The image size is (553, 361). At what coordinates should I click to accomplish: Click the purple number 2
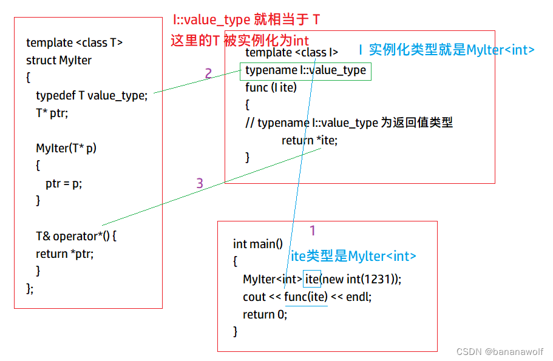pyautogui.click(x=208, y=74)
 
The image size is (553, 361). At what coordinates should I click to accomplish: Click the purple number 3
pyautogui.click(x=200, y=183)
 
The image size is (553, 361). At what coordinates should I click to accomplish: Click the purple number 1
pyautogui.click(x=313, y=231)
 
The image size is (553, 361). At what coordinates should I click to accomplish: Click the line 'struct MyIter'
pyautogui.click(x=59, y=60)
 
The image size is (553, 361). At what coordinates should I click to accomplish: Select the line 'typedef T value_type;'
pyautogui.click(x=92, y=95)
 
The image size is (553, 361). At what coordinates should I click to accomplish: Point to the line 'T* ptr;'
pyautogui.click(x=52, y=113)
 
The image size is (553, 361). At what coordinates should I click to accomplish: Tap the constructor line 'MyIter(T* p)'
pyautogui.click(x=66, y=148)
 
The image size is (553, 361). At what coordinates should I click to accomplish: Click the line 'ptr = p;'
pyautogui.click(x=63, y=183)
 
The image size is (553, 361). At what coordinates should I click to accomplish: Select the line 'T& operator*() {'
pyautogui.click(x=76, y=236)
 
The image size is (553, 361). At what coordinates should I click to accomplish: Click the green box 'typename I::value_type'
pyautogui.click(x=305, y=70)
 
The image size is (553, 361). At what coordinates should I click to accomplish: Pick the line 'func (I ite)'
pyautogui.click(x=271, y=87)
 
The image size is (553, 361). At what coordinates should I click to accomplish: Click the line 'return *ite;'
pyautogui.click(x=310, y=140)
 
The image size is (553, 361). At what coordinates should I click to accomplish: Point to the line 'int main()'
pyautogui.click(x=258, y=244)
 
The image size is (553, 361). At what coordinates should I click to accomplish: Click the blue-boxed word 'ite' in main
pyautogui.click(x=312, y=279)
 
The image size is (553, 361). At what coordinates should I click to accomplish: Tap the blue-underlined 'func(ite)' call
pyautogui.click(x=305, y=297)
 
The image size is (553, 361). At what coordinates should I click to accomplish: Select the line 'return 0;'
pyautogui.click(x=265, y=314)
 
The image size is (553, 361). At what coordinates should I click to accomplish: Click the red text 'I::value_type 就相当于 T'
pyautogui.click(x=246, y=20)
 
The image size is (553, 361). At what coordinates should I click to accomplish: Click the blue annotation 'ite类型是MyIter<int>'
pyautogui.click(x=353, y=257)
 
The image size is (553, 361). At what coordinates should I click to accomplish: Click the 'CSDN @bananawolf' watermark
pyautogui.click(x=500, y=351)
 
